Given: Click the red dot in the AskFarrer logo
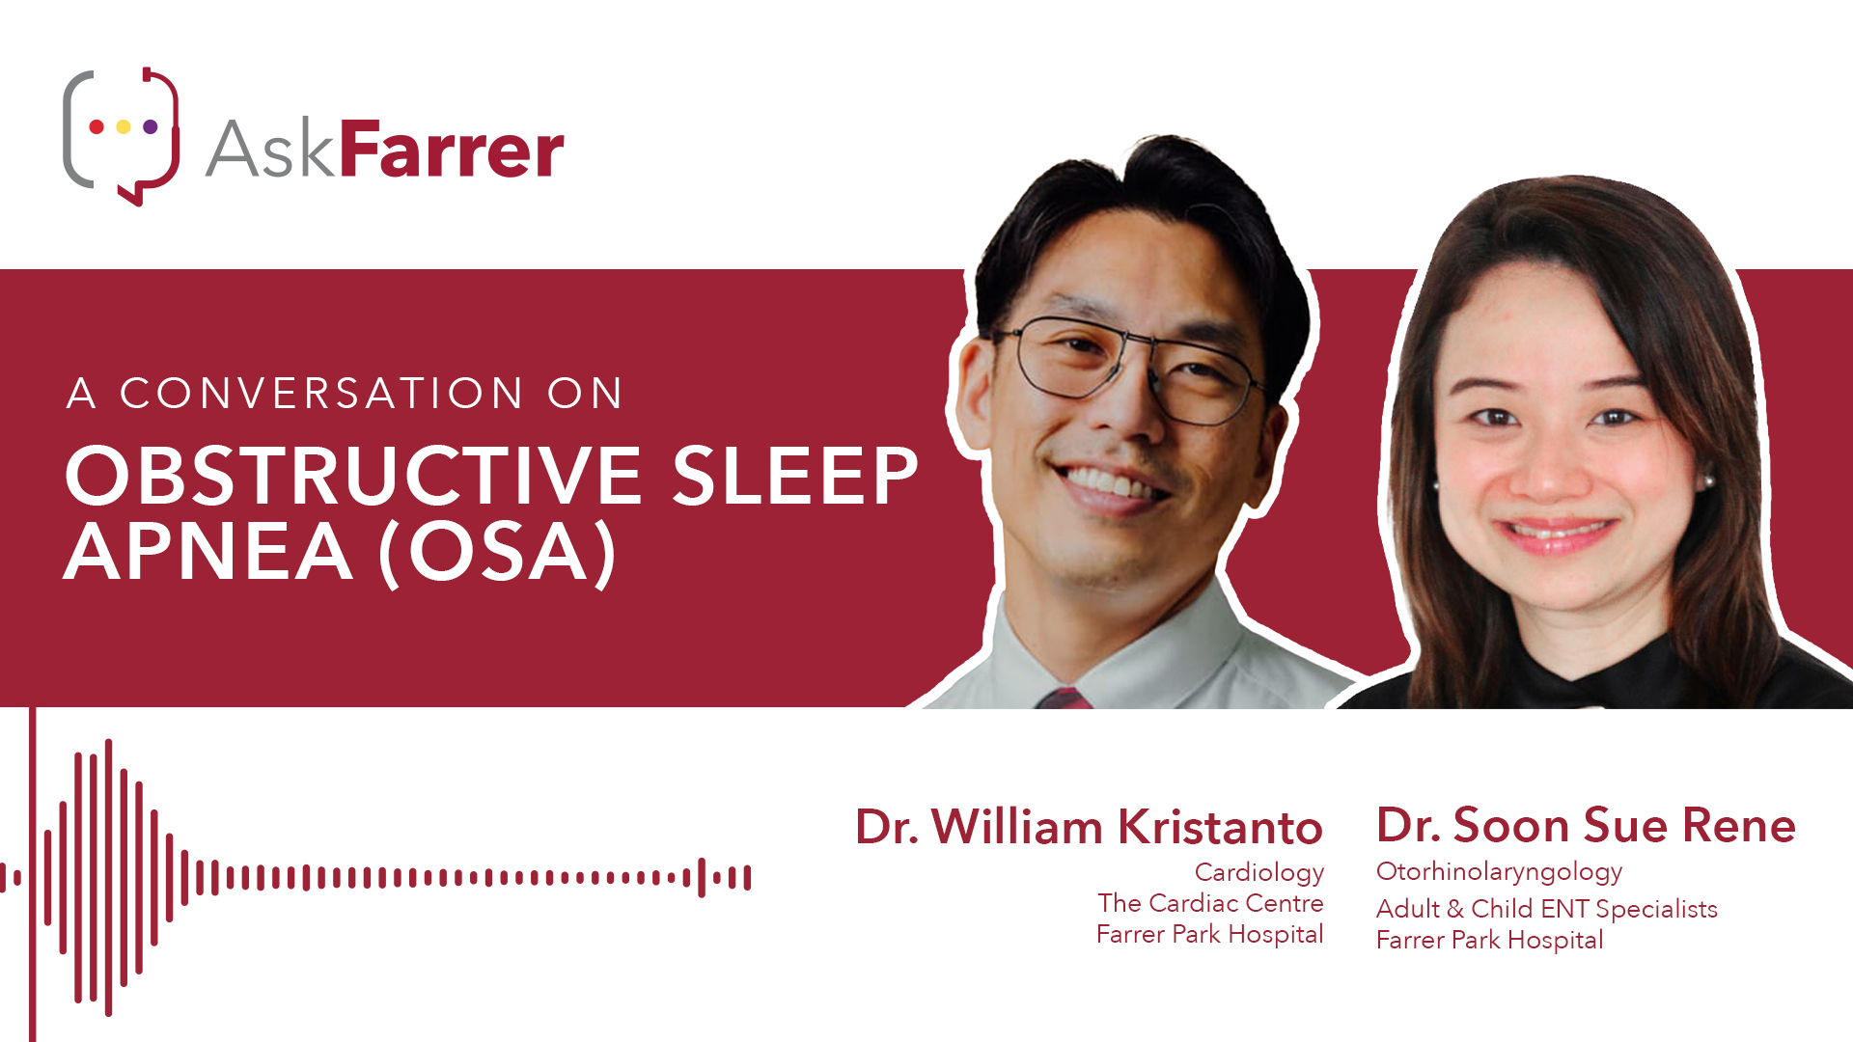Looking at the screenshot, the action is point(97,126).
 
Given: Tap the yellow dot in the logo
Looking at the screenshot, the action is point(124,126).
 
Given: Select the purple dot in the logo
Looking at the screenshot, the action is point(151,126).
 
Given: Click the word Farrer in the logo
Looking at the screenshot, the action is point(452,150).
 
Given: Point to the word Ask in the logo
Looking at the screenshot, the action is point(270,150).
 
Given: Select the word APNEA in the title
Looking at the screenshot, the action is point(208,552).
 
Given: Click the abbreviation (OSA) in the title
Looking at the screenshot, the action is point(498,554).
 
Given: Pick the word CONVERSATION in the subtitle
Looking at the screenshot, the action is point(322,394).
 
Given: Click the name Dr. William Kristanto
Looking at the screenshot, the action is point(1089,827).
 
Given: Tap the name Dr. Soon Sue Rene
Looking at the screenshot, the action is point(1586,825).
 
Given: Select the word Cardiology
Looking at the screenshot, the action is point(1259,873).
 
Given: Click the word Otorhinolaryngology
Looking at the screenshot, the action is point(1499,872).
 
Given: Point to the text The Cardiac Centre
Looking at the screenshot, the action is point(1210,903).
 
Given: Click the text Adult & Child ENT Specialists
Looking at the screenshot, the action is point(1547,909).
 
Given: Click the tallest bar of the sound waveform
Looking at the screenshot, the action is point(108,877).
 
